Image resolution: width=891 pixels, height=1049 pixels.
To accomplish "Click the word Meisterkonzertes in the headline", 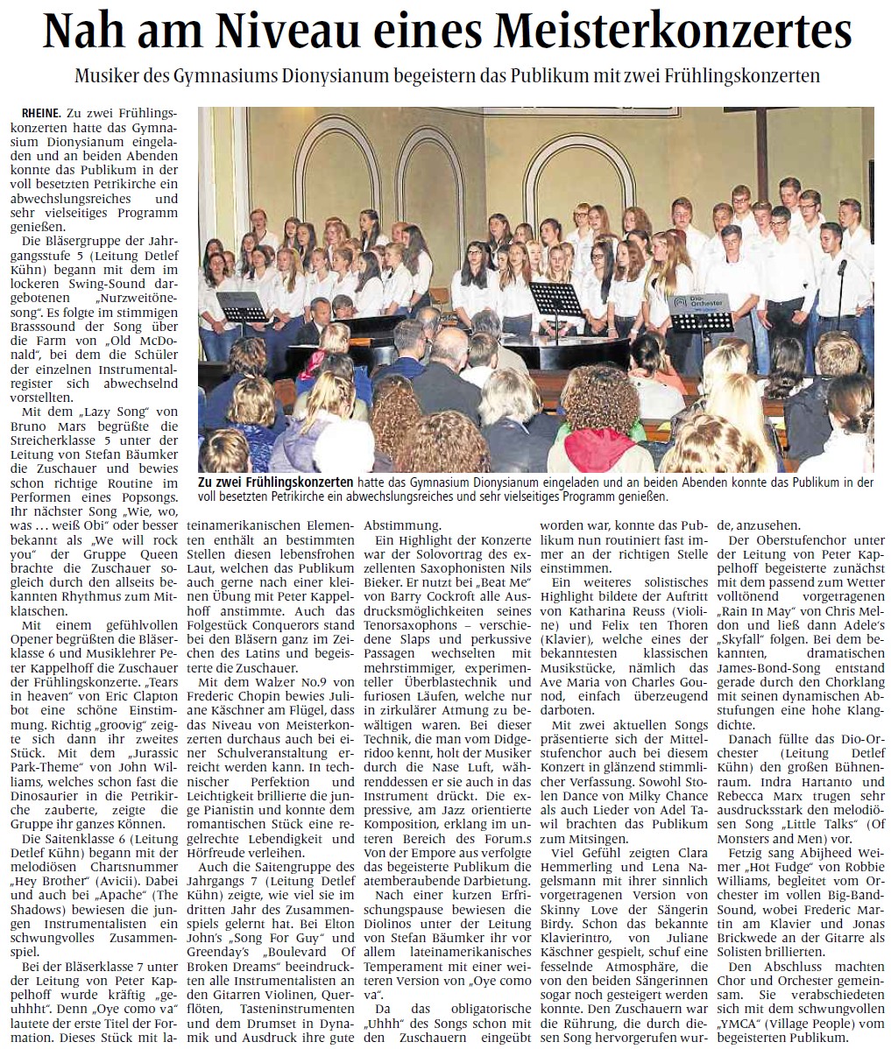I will coord(673,34).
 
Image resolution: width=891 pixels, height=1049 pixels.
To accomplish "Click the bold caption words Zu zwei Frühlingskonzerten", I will coord(275,482).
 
